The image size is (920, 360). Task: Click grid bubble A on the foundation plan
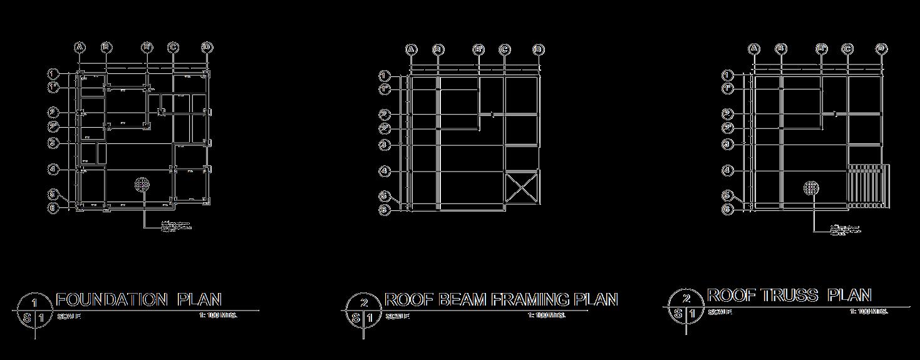[x=80, y=48]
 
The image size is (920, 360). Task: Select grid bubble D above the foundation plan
[x=208, y=48]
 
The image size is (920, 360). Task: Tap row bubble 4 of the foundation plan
[x=54, y=169]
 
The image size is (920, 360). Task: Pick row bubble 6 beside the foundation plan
[x=54, y=207]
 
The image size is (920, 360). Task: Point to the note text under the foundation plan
[x=176, y=226]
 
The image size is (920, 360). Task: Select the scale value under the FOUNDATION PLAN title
[x=217, y=316]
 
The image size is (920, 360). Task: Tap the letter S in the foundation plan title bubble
[x=27, y=318]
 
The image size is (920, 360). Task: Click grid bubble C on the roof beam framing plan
[x=505, y=50]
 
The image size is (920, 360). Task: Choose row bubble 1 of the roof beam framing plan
[x=385, y=76]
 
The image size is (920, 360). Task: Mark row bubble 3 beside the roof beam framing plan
[x=385, y=145]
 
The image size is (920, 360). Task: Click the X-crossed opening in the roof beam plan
[x=521, y=188]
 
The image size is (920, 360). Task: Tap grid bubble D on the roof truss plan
[x=882, y=49]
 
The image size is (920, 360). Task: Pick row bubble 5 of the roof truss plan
[x=727, y=195]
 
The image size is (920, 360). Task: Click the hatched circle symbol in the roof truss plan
[x=812, y=187]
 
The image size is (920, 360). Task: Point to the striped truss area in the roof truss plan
[x=869, y=186]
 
